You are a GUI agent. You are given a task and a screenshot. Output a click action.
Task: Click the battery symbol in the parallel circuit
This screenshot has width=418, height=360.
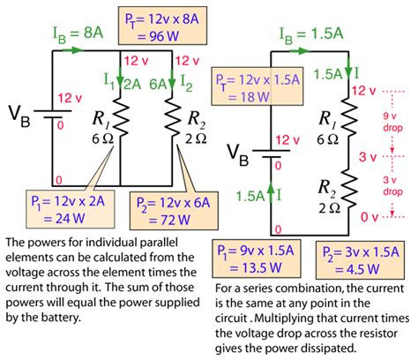(53, 117)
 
